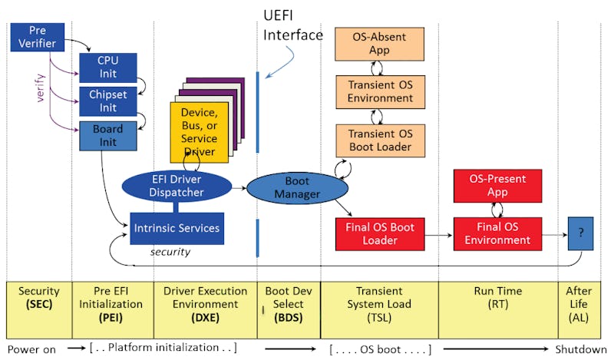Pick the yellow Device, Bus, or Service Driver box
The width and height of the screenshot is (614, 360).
[199, 131]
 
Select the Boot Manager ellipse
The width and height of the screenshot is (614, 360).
[297, 188]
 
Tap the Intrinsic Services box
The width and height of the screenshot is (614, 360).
[177, 228]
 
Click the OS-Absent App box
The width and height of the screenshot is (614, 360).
[378, 43]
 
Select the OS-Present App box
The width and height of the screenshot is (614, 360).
[497, 184]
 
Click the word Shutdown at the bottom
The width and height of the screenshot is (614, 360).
[581, 349]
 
